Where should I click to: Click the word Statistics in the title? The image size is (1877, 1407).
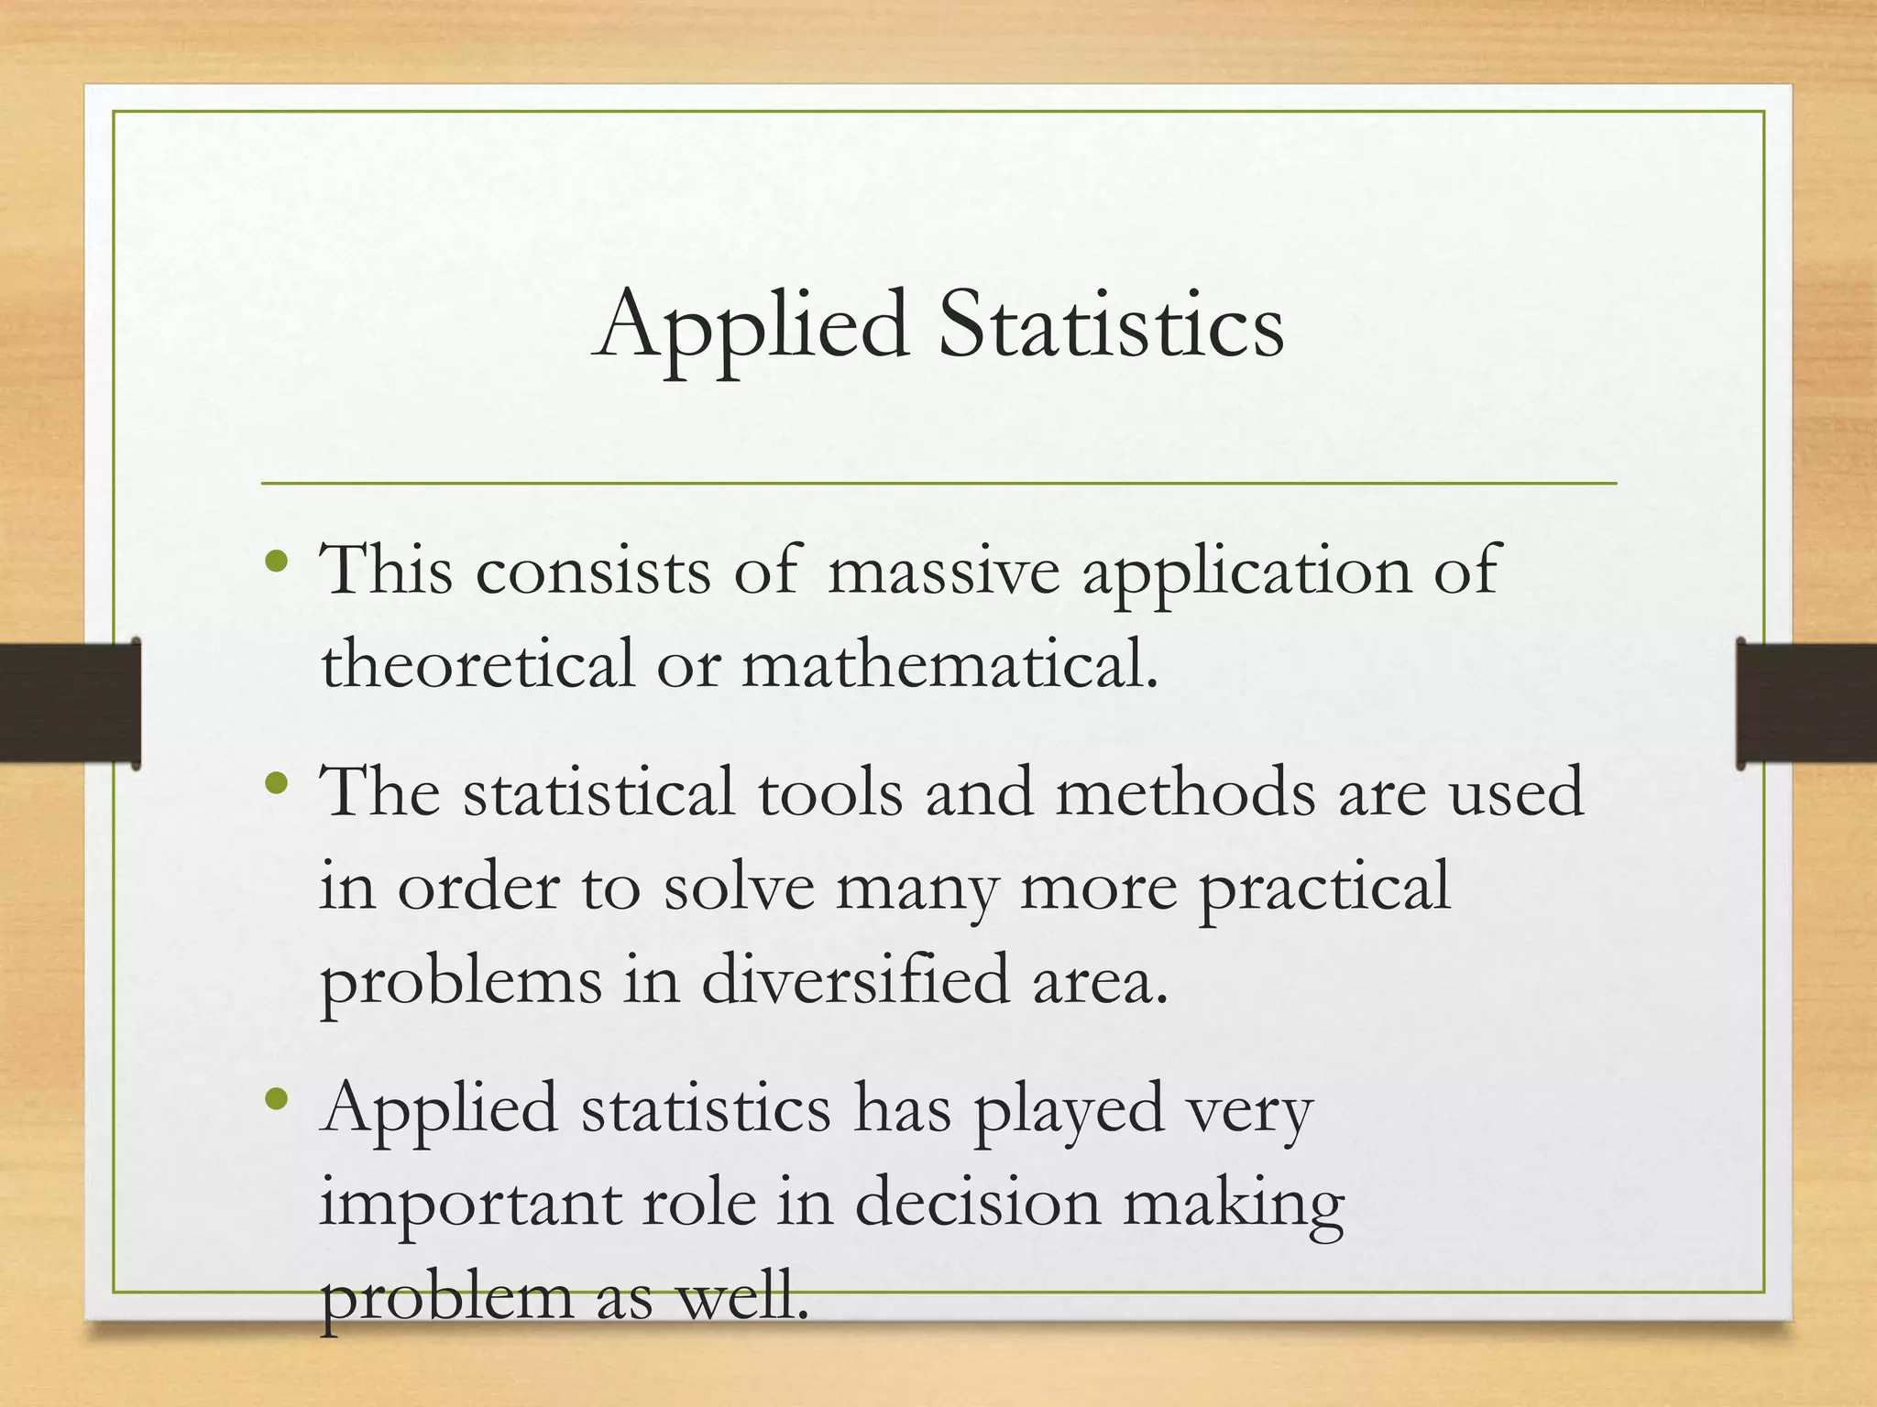point(1111,325)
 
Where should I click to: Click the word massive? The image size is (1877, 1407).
point(944,571)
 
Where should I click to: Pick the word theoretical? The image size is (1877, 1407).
point(477,664)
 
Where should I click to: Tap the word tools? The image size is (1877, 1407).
point(830,793)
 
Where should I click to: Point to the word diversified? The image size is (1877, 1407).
point(856,980)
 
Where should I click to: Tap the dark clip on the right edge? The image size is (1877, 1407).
point(1806,703)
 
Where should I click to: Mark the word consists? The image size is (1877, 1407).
point(593,571)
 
